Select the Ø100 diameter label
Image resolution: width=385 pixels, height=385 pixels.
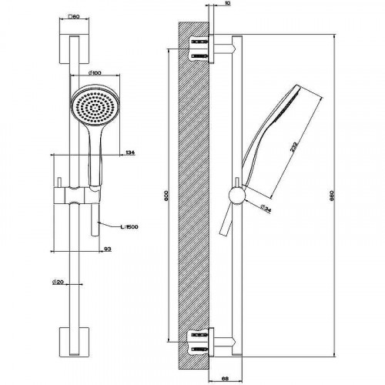(97, 73)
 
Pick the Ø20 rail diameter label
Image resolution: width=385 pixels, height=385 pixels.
(58, 283)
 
